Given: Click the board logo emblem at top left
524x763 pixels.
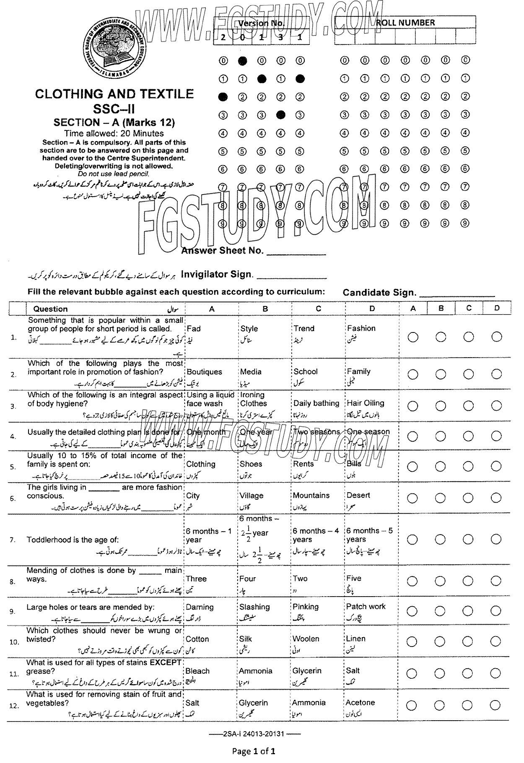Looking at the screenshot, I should coord(113,48).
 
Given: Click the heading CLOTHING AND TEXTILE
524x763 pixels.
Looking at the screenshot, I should coord(114,93).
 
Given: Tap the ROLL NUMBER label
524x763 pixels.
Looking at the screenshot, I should coord(405,23).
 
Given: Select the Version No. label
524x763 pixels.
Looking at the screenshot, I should coord(261,23).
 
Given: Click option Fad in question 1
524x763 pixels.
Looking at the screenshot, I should coord(194,329).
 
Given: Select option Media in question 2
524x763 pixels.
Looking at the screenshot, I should coord(251,371).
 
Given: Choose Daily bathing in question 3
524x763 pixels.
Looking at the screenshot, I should coord(316,403).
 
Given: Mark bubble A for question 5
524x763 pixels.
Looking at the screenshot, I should coord(412,467).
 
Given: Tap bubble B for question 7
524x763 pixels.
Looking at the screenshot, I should coord(441,539).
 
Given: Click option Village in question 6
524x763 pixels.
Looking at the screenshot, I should coord(251,496).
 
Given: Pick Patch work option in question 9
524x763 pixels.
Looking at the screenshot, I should coord(366,606).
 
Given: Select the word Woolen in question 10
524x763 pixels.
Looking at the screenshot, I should coord(306,638).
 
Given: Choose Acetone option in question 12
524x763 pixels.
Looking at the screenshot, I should coord(360,702).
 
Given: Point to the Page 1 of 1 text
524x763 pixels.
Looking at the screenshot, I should coord(254,751).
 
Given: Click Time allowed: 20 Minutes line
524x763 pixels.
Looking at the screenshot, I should coord(114,133).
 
